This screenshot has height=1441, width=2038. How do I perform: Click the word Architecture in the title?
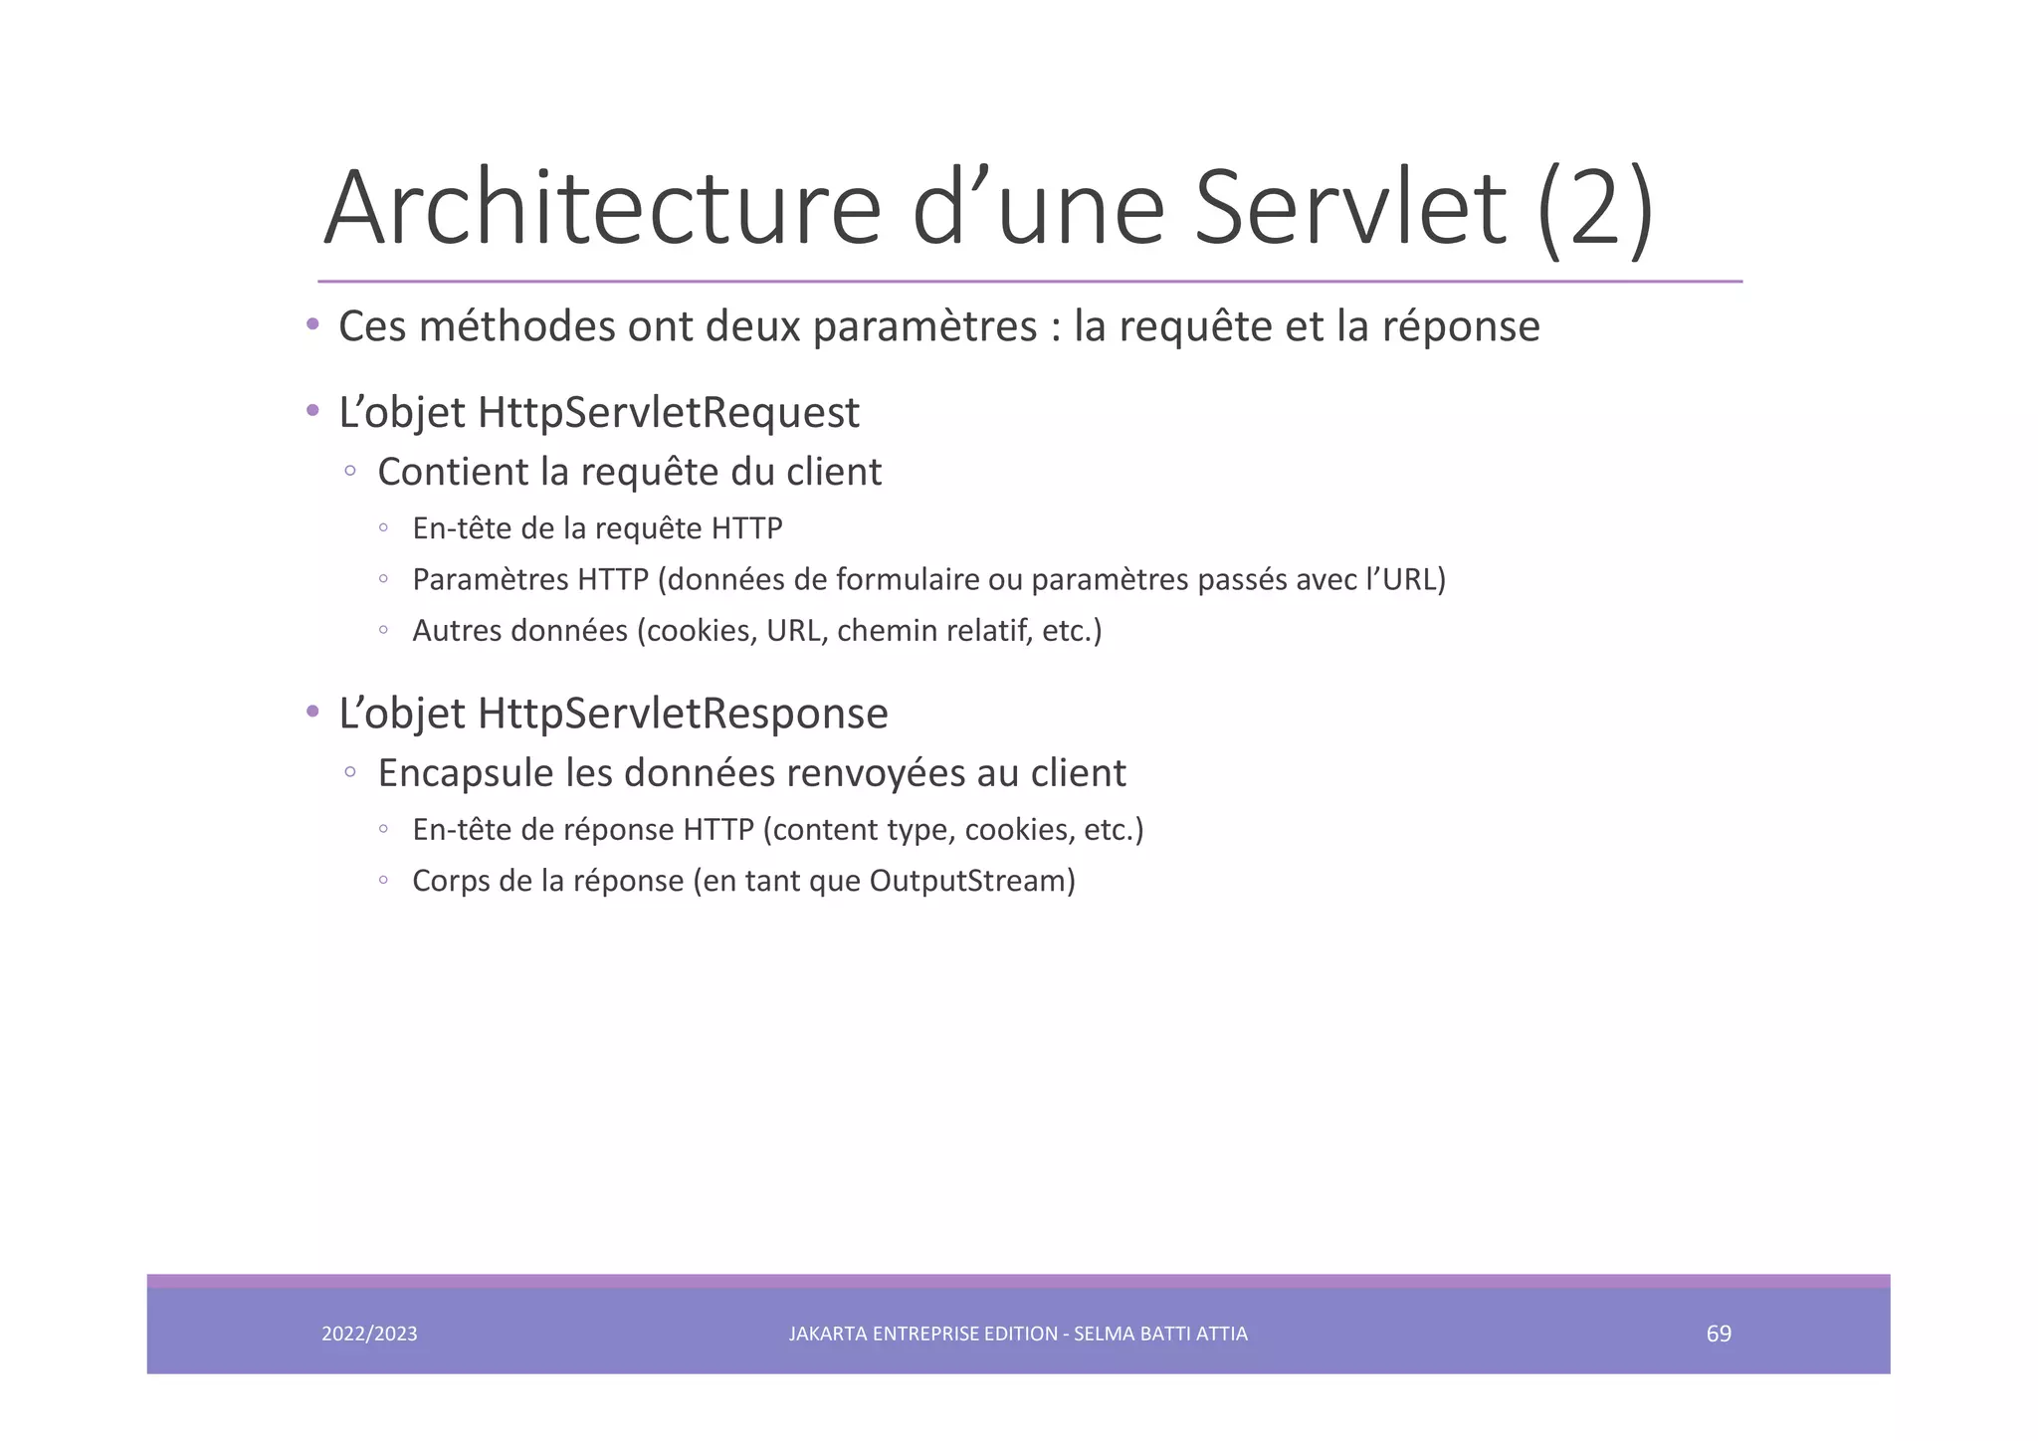pos(602,209)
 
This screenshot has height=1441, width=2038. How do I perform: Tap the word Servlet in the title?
pos(1350,209)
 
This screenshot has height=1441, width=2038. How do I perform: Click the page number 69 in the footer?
pos(1719,1334)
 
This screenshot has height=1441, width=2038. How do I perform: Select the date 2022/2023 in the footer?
pos(369,1334)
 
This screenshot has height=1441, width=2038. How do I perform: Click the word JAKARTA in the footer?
pos(827,1334)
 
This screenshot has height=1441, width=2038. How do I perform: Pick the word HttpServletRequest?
pos(668,413)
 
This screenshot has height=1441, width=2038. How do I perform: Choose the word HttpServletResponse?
pos(683,714)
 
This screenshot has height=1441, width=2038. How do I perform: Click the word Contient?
pos(453,472)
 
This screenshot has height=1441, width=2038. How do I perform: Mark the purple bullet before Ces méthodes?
pos(312,324)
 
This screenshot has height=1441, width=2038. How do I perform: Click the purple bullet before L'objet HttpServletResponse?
pos(312,712)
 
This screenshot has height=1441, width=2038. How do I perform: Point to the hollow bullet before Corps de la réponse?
pos(383,880)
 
